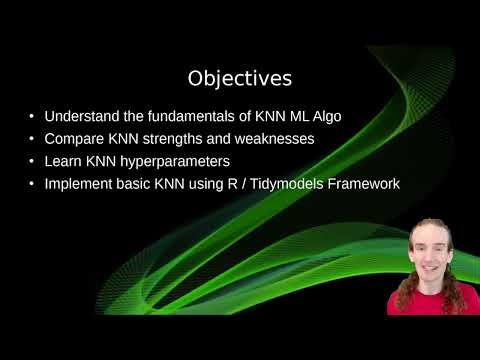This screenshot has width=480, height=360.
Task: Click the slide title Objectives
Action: point(239,77)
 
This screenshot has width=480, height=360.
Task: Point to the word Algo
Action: point(323,116)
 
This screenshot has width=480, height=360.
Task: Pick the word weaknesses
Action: point(275,139)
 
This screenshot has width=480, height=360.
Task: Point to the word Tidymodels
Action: point(296,184)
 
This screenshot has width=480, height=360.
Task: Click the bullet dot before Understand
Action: point(35,117)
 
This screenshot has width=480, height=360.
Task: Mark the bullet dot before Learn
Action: point(35,162)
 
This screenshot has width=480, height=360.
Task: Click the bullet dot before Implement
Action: point(35,185)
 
